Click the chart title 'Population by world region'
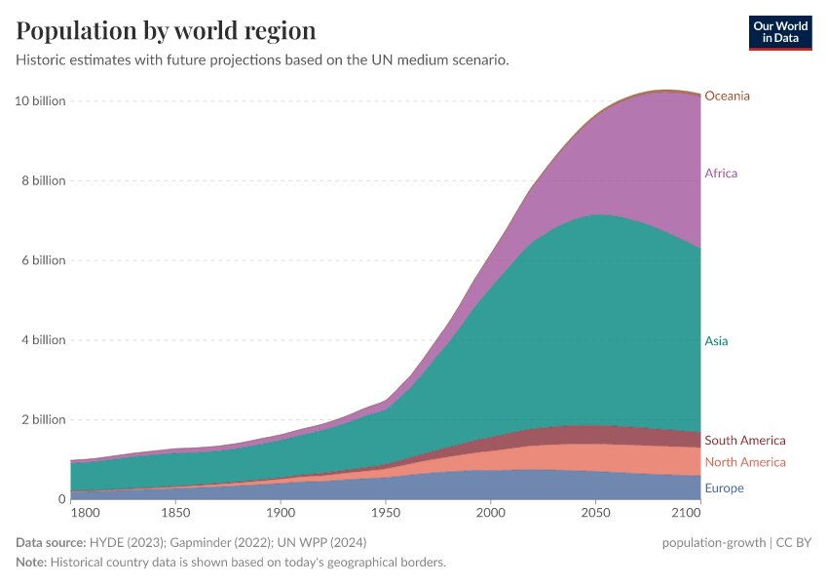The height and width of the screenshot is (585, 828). (166, 30)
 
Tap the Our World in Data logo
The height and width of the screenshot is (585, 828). (779, 32)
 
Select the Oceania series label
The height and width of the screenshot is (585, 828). (727, 96)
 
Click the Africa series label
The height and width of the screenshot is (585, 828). (721, 174)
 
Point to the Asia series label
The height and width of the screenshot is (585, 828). (716, 341)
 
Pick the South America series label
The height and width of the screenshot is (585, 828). (744, 441)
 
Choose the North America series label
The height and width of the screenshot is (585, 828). (744, 462)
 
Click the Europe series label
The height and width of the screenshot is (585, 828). (724, 488)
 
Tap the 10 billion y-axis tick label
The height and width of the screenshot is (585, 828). (40, 101)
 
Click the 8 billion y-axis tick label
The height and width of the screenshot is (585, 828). (43, 181)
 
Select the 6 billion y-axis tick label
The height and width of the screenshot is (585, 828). (43, 260)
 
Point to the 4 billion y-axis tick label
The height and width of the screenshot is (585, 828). (43, 340)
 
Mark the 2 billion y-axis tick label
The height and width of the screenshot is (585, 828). (43, 420)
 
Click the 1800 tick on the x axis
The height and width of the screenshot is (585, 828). (84, 512)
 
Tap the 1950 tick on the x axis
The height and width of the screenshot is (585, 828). (386, 512)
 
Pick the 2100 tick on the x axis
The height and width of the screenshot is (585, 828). (686, 512)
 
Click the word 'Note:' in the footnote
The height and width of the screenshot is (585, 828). (34, 563)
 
